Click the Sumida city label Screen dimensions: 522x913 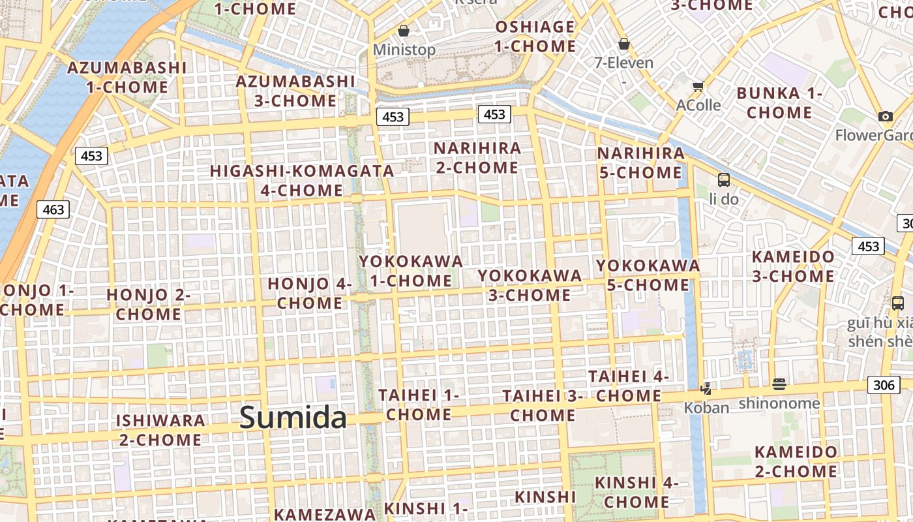pos(293,418)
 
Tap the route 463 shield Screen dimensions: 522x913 pos(53,209)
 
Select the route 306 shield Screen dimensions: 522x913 pos(884,385)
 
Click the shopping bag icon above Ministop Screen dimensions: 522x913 pos(404,31)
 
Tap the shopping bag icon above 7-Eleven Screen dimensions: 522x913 pos(624,44)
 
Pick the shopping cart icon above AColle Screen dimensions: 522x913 pos(698,86)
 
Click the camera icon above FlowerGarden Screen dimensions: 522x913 pos(885,116)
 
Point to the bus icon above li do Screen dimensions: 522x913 pos(724,179)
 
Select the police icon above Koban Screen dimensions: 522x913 pos(706,389)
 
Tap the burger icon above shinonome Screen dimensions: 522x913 pos(779,384)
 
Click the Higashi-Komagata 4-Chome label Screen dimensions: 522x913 pos(302,181)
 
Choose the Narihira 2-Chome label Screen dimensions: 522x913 pos(477,158)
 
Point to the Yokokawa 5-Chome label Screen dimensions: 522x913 pos(648,275)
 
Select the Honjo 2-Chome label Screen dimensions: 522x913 pos(149,305)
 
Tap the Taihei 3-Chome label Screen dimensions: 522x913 pos(543,405)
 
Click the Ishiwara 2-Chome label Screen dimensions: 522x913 pos(160,430)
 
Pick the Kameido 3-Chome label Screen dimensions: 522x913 pos(793,266)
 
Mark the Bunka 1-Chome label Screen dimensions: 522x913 pos(779,103)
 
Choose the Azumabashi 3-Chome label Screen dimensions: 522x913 pos(295,91)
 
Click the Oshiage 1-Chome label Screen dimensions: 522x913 pos(535,37)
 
